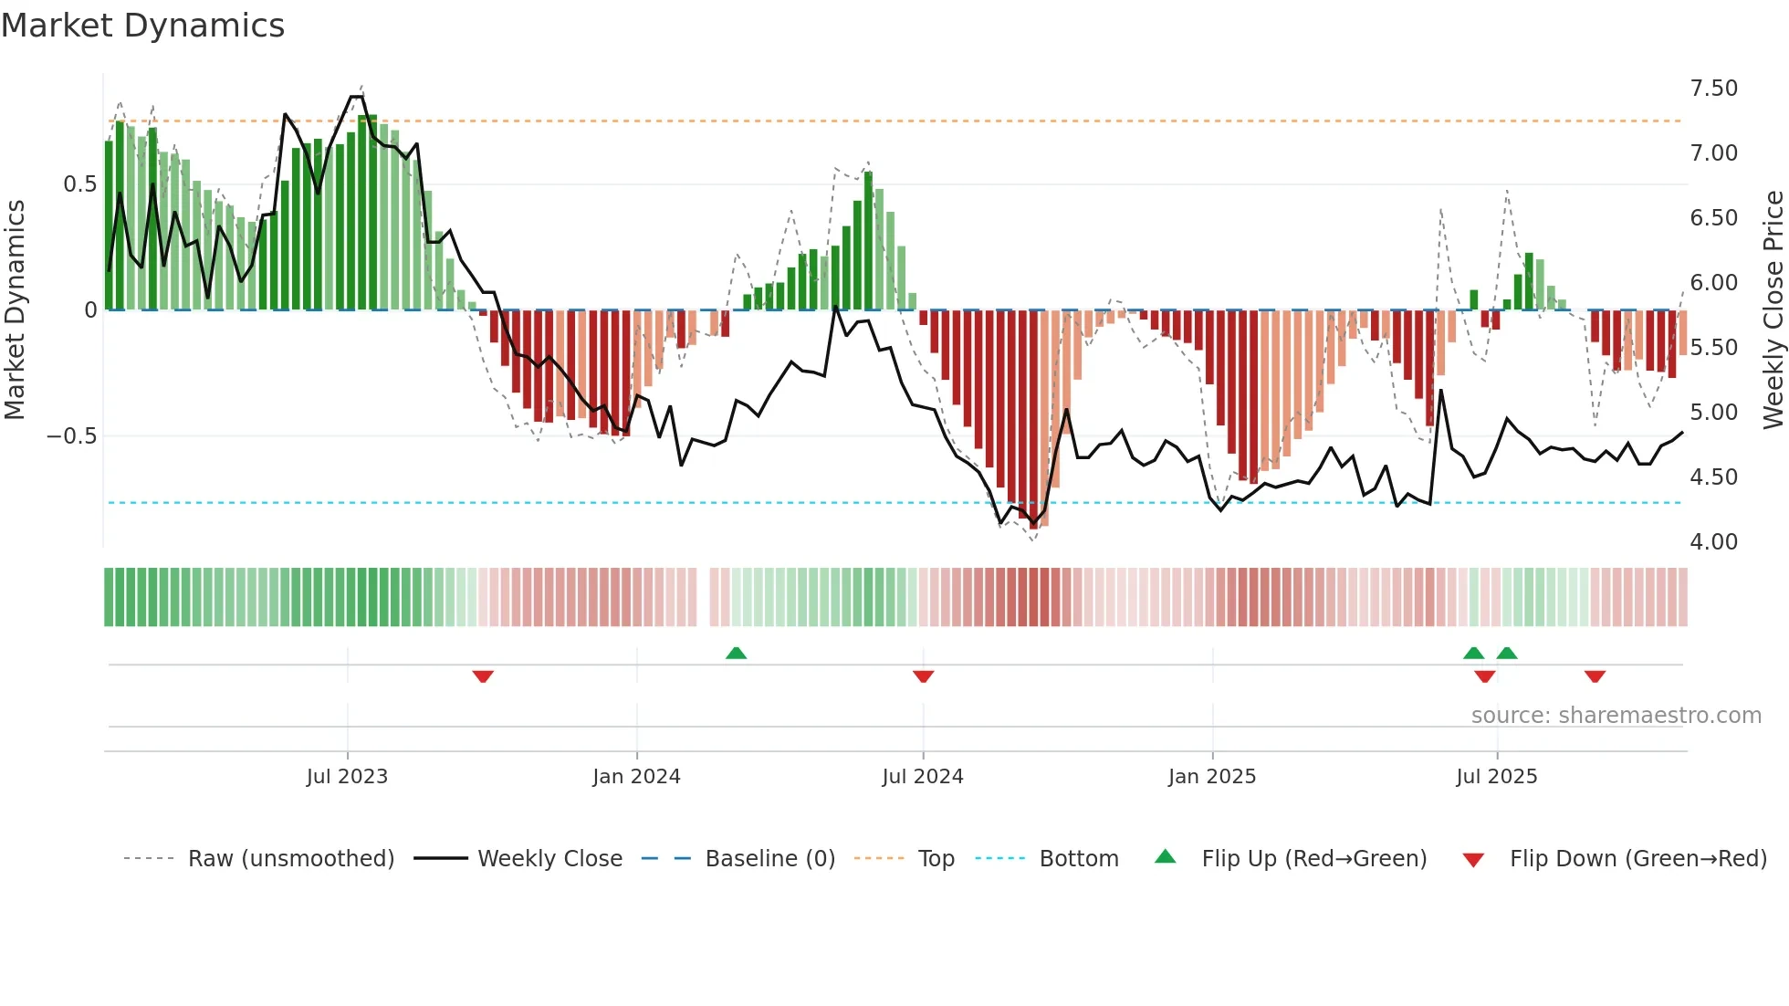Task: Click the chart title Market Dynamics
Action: click(x=142, y=26)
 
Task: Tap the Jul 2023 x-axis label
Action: click(x=347, y=777)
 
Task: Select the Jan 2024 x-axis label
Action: click(x=636, y=777)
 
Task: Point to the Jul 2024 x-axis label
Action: click(x=922, y=777)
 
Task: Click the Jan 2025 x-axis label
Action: click(x=1211, y=777)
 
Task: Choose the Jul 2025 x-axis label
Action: click(x=1496, y=777)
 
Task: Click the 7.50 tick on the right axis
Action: click(x=1713, y=89)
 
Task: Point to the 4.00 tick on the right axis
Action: click(x=1713, y=542)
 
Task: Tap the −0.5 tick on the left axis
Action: click(x=71, y=436)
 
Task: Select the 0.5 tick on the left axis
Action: click(x=79, y=184)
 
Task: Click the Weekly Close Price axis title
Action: click(x=1773, y=309)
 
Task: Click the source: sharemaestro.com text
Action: click(x=1616, y=716)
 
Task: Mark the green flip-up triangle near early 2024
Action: click(x=736, y=653)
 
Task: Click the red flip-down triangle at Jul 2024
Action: click(x=923, y=676)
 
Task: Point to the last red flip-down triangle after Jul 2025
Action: click(x=1595, y=676)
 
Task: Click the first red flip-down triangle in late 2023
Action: click(x=483, y=676)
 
